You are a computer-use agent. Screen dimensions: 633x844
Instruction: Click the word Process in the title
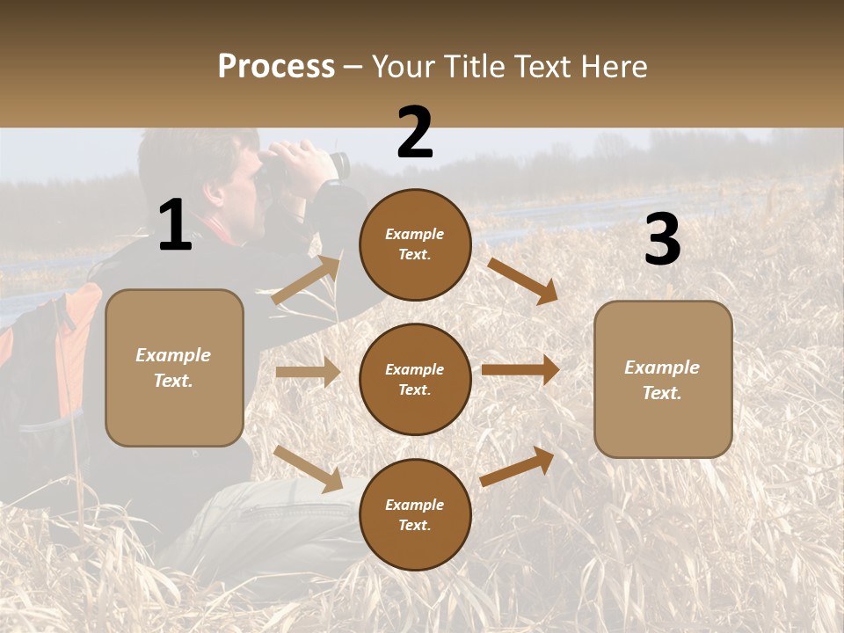[x=276, y=67]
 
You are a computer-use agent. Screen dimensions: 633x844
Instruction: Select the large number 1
[x=175, y=225]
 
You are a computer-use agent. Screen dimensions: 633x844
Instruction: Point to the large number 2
[x=415, y=133]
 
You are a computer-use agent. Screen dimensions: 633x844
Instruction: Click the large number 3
[x=662, y=239]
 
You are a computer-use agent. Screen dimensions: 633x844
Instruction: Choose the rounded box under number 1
[x=174, y=367]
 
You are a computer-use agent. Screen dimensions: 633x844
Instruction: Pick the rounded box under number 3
[x=663, y=380]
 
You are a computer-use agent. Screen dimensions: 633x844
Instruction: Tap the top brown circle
[x=415, y=244]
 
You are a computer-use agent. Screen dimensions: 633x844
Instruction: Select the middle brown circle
[x=415, y=379]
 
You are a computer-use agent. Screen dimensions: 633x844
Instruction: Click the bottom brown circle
[x=415, y=514]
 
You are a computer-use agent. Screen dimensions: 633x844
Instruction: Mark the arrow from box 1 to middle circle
[x=309, y=373]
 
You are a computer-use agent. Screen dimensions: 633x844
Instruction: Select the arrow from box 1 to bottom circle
[x=309, y=468]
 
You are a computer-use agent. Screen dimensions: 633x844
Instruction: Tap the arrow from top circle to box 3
[x=522, y=280]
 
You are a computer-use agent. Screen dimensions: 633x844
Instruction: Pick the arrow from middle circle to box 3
[x=520, y=370]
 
